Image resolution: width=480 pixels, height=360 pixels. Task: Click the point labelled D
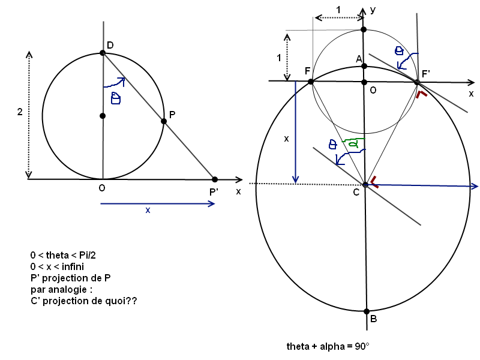tap(103, 53)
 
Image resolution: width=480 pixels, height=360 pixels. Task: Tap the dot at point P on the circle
tap(164, 121)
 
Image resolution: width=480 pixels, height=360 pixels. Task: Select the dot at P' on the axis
tap(215, 179)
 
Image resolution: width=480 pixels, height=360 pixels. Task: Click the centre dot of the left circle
tap(103, 116)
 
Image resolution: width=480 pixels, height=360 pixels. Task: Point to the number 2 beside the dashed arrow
tap(20, 112)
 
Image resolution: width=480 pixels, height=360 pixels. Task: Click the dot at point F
tap(311, 82)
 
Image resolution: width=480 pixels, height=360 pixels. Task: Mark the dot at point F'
tap(417, 82)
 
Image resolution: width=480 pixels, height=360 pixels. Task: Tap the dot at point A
tap(364, 66)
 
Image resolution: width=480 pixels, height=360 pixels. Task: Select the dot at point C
tap(365, 184)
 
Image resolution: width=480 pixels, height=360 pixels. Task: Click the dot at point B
tap(366, 311)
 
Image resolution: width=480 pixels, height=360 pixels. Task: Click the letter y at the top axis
tap(373, 10)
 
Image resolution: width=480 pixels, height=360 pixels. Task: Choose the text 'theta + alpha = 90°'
tap(328, 347)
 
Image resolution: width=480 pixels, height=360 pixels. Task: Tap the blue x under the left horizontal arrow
tap(148, 211)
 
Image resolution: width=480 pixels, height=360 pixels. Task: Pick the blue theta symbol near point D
tap(116, 98)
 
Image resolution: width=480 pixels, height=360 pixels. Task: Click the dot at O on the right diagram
tap(364, 82)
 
